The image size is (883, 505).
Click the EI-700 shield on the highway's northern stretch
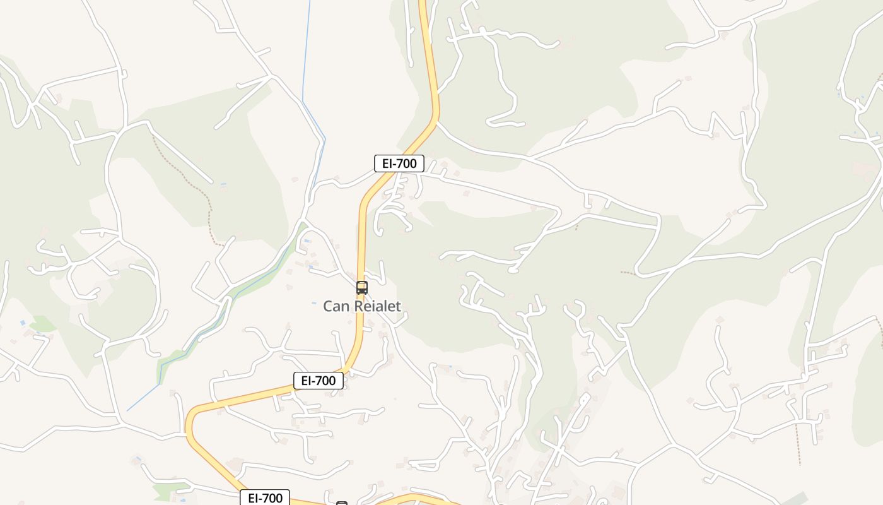399,163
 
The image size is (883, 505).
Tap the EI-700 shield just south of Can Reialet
319,381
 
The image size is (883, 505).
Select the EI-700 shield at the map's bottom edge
265,497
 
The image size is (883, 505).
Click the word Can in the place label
336,306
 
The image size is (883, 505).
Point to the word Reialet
377,306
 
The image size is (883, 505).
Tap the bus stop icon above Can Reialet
361,288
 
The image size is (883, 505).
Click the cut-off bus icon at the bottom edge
342,502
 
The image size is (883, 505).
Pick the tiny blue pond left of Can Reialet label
314,304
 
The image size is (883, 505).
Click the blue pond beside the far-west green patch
23,323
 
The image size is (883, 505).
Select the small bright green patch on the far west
43,324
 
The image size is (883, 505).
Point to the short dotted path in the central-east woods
628,273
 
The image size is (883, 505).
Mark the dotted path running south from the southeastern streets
797,445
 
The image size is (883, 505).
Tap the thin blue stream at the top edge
308,38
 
